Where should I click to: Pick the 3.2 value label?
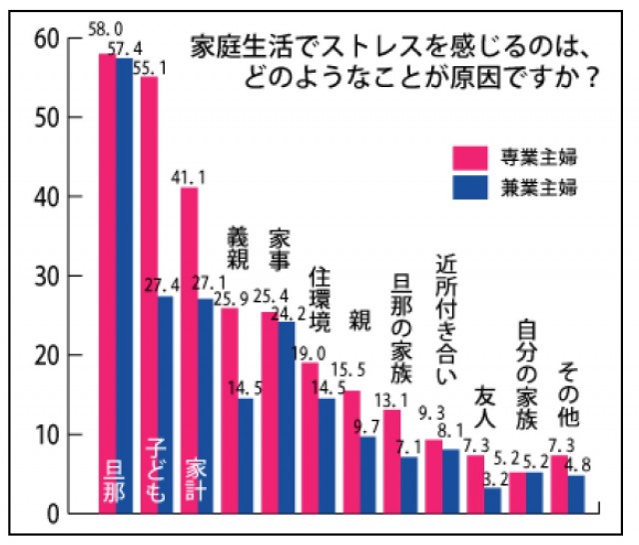[492, 478]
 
